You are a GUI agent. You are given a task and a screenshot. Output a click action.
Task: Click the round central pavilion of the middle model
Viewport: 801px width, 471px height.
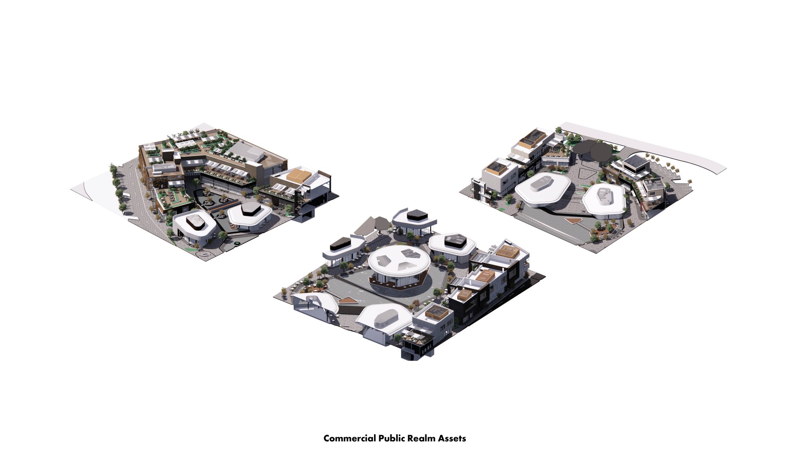pyautogui.click(x=399, y=266)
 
